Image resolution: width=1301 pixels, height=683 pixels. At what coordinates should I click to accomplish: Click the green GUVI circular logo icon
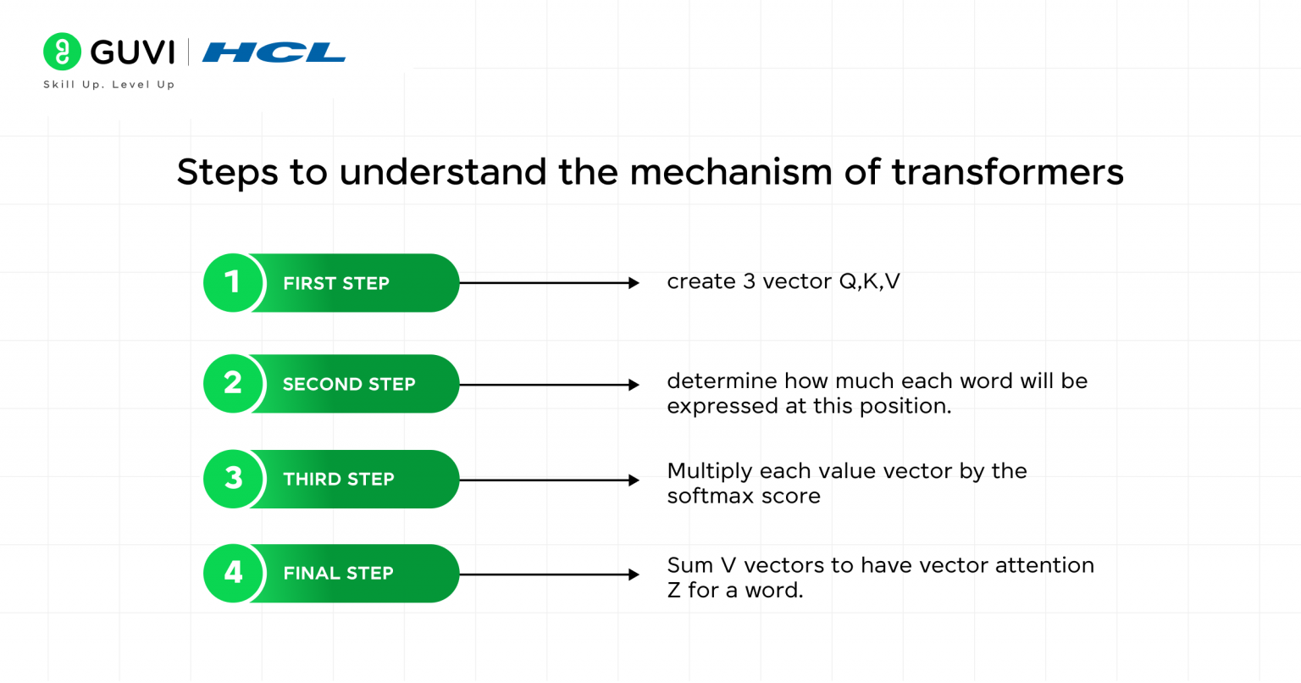click(62, 52)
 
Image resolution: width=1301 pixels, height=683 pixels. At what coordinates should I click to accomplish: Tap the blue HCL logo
click(274, 53)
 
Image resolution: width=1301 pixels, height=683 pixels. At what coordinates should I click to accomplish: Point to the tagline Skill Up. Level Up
click(108, 85)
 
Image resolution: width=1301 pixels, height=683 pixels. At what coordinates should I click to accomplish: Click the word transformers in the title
click(1007, 172)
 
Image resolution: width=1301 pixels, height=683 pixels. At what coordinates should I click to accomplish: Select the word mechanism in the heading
click(730, 172)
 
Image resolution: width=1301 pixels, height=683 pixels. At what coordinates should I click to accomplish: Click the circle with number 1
click(233, 283)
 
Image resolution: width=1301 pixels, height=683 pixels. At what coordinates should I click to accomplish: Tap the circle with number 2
click(233, 384)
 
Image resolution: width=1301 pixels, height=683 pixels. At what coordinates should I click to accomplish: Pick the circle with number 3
click(233, 479)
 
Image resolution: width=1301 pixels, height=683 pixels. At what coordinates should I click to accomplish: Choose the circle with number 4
click(233, 573)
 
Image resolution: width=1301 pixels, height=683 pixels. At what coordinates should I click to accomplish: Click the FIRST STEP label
click(336, 284)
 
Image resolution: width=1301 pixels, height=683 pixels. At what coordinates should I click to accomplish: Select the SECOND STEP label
click(349, 385)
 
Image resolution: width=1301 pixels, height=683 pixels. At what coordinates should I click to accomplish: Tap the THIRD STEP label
click(339, 480)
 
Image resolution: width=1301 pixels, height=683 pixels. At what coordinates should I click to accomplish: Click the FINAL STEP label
click(338, 574)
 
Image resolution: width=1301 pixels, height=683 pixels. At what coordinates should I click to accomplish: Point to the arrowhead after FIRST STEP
click(634, 283)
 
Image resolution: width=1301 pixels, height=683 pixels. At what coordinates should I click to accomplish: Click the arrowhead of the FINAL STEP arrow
click(634, 575)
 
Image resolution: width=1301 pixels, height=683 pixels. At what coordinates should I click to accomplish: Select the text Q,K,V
click(869, 282)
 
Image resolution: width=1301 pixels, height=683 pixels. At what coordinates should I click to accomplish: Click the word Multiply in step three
click(709, 471)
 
